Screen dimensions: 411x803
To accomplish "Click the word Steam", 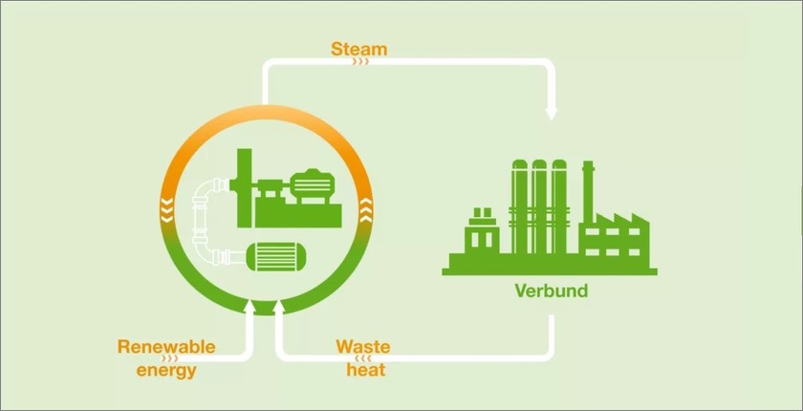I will click(358, 47).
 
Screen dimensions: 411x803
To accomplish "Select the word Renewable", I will click(166, 346).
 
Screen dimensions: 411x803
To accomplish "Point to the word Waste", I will click(362, 346).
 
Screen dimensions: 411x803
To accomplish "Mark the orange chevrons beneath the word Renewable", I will click(171, 357).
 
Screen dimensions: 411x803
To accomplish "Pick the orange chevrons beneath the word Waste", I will click(362, 357).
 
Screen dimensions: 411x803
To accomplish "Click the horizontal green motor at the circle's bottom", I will click(278, 254).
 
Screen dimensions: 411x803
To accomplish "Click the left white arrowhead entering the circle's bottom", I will click(250, 310).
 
